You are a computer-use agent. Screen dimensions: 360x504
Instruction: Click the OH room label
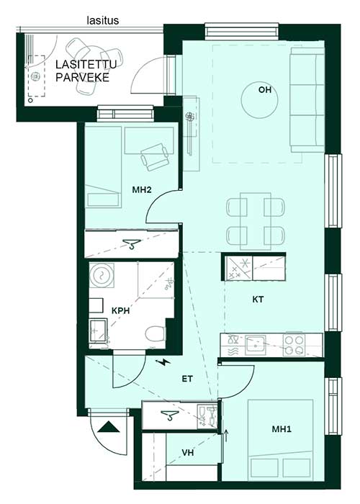(265, 90)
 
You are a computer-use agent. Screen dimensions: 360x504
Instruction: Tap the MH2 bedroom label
(142, 190)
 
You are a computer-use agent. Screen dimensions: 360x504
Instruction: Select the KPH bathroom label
(120, 311)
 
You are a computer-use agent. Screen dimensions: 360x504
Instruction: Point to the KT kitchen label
(258, 300)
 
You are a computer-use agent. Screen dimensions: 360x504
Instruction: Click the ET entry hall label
(187, 379)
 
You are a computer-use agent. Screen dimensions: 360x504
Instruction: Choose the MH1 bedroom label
(282, 429)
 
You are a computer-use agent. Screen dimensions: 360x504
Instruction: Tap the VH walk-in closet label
(188, 453)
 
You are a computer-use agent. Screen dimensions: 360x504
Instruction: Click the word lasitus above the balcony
(103, 21)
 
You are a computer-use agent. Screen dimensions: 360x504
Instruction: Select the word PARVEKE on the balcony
(82, 78)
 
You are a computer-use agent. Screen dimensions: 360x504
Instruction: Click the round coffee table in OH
(259, 100)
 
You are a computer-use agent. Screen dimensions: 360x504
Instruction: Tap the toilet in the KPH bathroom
(155, 334)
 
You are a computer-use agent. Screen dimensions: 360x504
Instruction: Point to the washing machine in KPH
(102, 275)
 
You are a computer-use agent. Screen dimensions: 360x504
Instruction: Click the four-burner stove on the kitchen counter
(294, 345)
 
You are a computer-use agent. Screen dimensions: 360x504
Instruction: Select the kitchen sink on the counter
(256, 345)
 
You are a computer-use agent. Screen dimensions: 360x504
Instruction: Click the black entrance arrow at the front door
(108, 427)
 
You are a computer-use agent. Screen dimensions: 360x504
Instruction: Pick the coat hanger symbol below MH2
(132, 244)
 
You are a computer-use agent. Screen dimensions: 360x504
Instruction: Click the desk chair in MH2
(155, 157)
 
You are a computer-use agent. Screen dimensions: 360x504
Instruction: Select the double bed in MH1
(280, 440)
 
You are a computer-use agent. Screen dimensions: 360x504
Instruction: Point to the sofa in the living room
(307, 100)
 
